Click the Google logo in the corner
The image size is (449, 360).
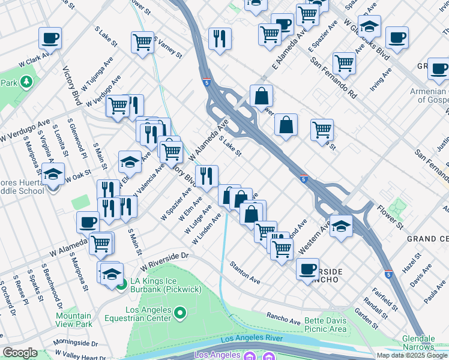[x=20, y=353]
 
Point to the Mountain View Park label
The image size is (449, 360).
[x=73, y=320]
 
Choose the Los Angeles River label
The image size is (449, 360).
[x=252, y=339]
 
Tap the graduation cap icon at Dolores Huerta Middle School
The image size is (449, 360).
[x=53, y=174]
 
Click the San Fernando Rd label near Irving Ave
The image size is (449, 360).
[x=334, y=78]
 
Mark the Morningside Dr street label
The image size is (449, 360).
[x=75, y=343]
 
